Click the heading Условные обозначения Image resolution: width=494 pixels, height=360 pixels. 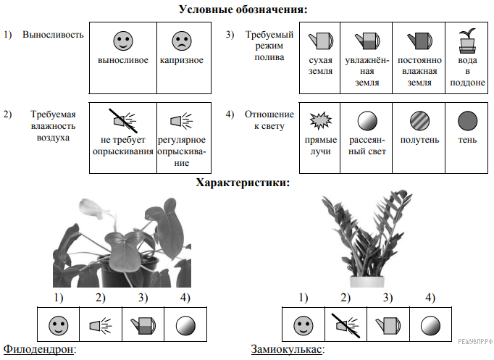pos(243,9)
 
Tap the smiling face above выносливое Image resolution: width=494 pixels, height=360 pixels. pos(124,39)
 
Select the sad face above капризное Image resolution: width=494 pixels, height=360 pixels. pos(181,39)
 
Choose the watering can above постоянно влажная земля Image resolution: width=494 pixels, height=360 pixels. pos(416,38)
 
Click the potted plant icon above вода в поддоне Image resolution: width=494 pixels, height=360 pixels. pos(468,40)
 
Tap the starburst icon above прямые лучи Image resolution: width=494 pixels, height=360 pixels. pos(319,118)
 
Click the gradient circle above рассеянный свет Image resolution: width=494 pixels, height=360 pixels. pos(367,119)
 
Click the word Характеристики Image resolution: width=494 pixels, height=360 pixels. pos(243,183)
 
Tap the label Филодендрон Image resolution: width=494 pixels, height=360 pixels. pos(39,351)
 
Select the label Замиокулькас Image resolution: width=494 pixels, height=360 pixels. pos(287,351)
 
